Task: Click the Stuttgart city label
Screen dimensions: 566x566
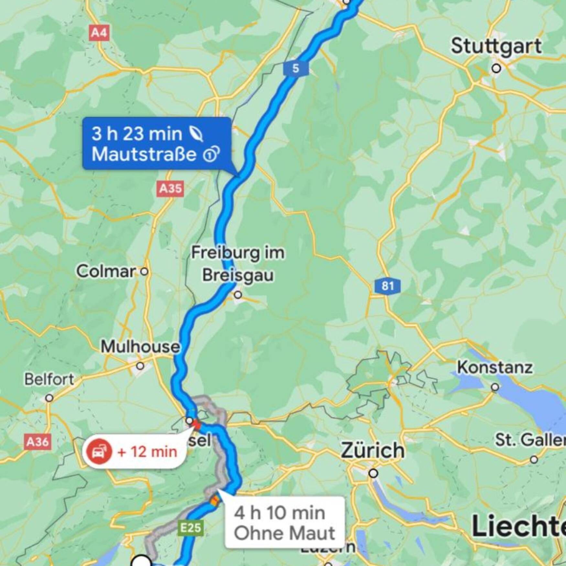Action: point(496,46)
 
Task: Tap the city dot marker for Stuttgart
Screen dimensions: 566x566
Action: point(496,69)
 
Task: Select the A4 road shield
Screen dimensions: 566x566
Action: point(99,33)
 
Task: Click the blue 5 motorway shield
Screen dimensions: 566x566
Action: point(296,69)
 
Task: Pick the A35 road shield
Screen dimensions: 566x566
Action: point(170,188)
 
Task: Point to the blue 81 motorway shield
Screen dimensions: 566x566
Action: point(387,286)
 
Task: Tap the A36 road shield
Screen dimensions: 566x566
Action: point(38,441)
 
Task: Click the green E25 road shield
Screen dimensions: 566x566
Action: point(191,528)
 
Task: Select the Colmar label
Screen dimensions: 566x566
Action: point(106,271)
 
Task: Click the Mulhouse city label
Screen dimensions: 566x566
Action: point(140,347)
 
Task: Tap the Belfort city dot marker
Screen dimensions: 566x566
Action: point(49,398)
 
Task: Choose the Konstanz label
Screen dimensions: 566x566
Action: point(495,368)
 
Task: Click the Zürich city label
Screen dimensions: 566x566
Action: point(373,450)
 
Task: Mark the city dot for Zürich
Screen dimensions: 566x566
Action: point(373,473)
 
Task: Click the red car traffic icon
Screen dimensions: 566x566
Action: point(99,452)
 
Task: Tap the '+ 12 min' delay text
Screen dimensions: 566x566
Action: point(147,452)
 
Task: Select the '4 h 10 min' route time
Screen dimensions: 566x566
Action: point(279,513)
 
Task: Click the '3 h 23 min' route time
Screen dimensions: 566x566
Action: point(137,134)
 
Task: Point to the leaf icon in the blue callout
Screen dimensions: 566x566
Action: point(196,134)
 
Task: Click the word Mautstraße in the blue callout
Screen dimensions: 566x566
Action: point(144,154)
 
